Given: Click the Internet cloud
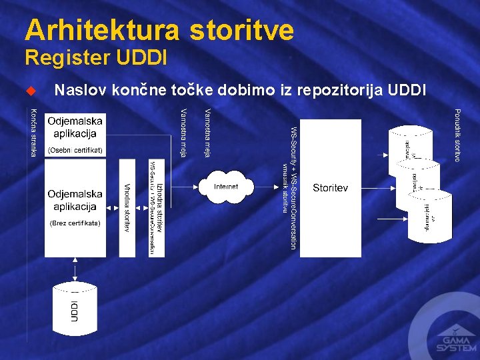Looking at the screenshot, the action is pyautogui.click(x=226, y=187).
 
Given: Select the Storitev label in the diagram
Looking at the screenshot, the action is pyautogui.click(x=330, y=188).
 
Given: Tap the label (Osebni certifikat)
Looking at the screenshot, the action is pyautogui.click(x=75, y=150).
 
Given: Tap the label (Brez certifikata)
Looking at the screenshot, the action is pyautogui.click(x=75, y=223).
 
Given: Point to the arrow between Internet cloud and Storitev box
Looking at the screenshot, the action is pyautogui.click(x=268, y=187).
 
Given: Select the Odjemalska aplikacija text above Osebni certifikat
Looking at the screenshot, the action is pyautogui.click(x=75, y=127).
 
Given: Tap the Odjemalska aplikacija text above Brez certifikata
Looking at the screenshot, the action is pyautogui.click(x=75, y=199).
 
